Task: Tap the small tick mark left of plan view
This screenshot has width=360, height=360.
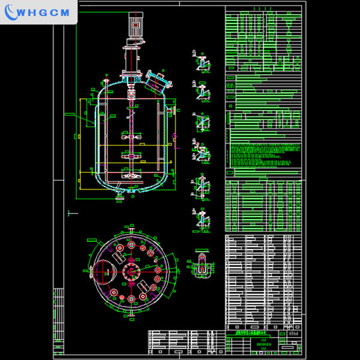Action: [72, 212]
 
